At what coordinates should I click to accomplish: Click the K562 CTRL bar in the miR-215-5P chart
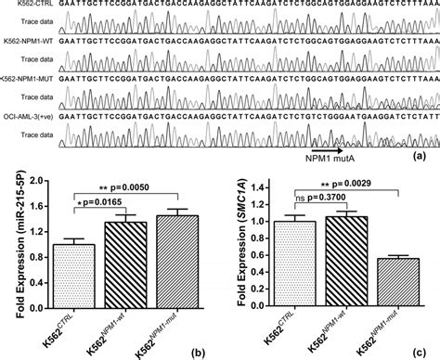pyautogui.click(x=77, y=277)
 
